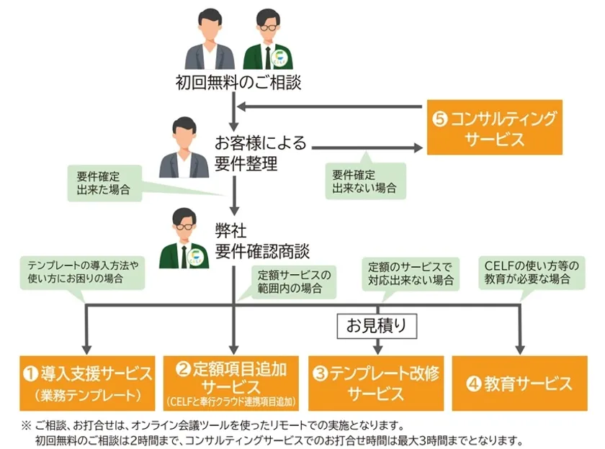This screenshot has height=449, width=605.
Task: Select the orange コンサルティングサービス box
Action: pos(494,127)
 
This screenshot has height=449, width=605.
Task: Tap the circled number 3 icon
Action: pos(321,373)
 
